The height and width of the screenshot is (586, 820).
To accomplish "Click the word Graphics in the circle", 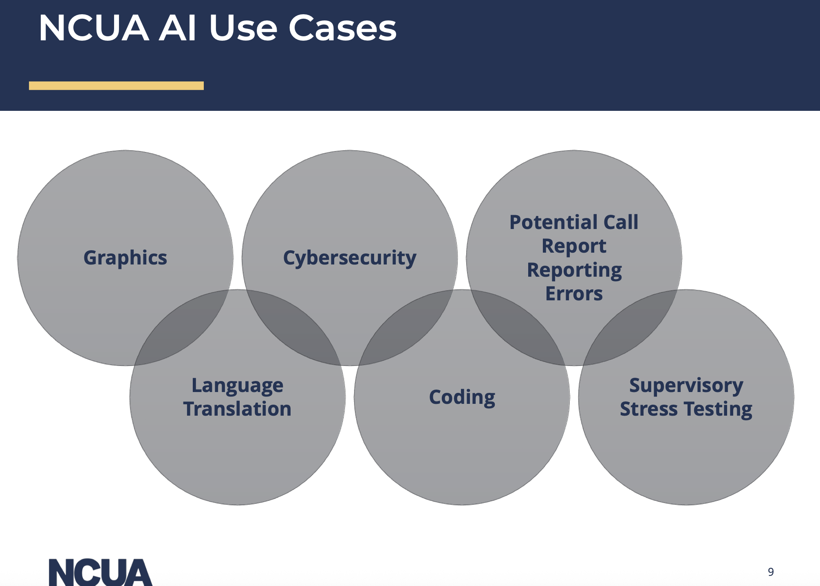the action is point(125,258).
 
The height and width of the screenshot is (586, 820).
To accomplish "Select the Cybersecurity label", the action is point(350,258).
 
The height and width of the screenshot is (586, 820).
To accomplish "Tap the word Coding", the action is point(462,397).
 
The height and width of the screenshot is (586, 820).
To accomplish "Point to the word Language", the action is point(238,386).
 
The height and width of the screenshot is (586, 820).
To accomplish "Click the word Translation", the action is point(238,409).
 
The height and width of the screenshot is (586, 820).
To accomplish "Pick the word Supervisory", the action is point(686,386).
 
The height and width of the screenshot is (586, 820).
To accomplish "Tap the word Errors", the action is point(574,293).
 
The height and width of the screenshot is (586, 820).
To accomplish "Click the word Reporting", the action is point(574,270).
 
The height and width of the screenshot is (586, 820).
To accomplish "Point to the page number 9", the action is point(771,572).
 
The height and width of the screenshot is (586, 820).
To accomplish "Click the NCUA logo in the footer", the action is point(100,572).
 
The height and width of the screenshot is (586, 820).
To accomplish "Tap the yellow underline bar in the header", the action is point(116,86).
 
